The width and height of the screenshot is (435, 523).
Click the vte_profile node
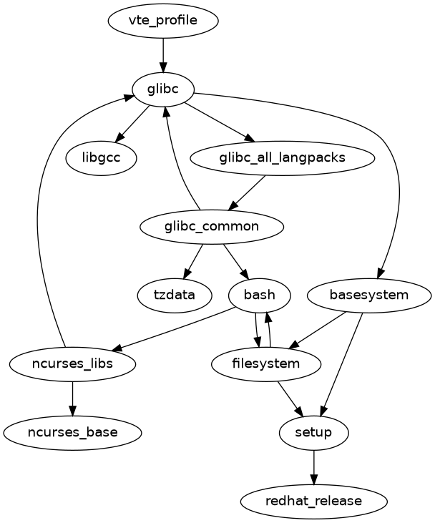[163, 21]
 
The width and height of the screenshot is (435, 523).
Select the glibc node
[163, 89]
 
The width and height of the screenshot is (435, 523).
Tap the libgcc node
[101, 158]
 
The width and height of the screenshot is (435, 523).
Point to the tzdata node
[175, 295]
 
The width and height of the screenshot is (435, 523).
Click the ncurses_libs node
[73, 364]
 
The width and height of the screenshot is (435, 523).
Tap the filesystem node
[266, 364]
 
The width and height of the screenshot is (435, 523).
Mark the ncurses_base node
[73, 433]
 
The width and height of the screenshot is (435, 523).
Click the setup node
[314, 433]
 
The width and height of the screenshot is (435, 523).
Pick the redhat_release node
[314, 501]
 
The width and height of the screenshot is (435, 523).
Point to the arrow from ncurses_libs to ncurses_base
[73, 399]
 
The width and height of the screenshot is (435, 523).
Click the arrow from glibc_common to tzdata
[193, 261]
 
